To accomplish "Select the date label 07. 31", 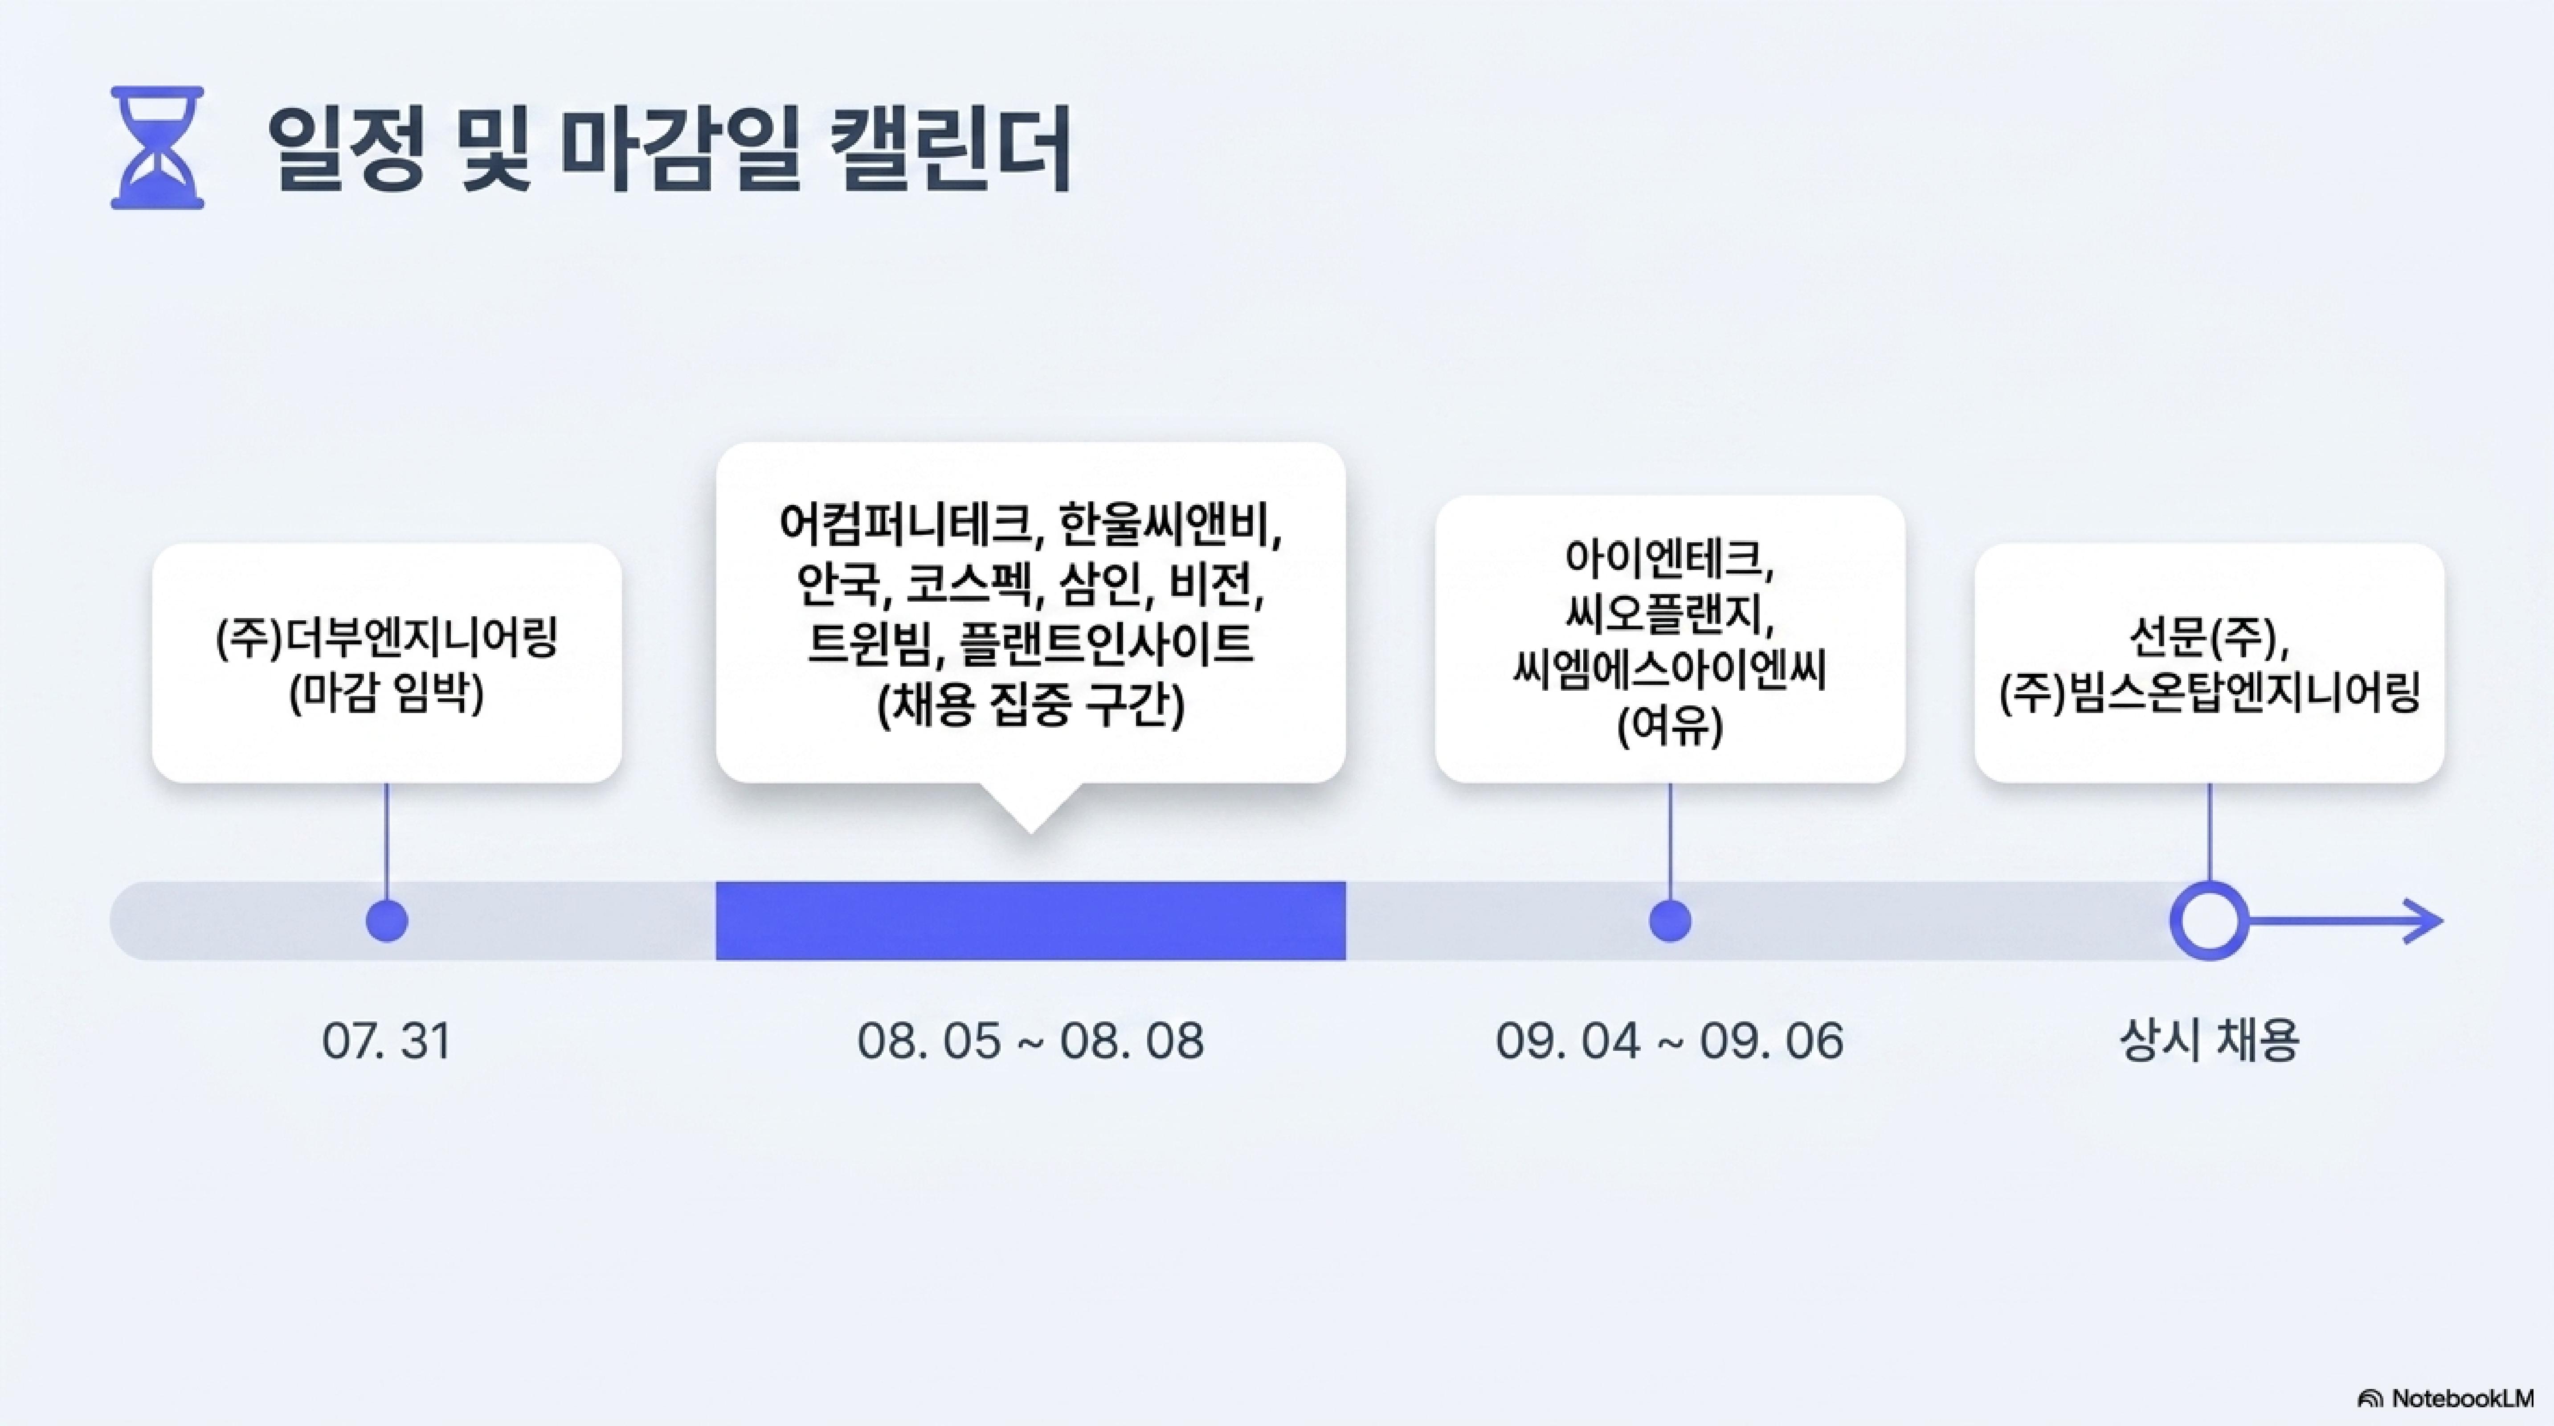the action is point(387,1041).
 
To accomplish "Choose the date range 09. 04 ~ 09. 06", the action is point(1670,1041).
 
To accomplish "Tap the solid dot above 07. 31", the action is point(387,921).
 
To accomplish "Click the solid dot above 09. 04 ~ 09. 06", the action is point(1670,921).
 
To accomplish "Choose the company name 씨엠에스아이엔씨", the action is point(1670,672).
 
